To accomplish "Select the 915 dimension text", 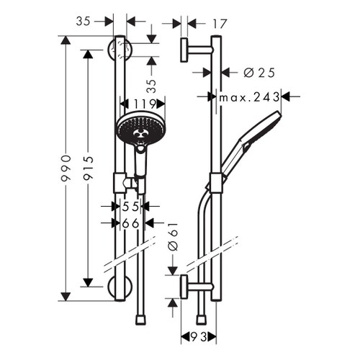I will (87, 171).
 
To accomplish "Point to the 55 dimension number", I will (130, 207).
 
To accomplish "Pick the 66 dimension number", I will (130, 223).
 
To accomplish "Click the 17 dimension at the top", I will (220, 24).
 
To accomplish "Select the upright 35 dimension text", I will (84, 22).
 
